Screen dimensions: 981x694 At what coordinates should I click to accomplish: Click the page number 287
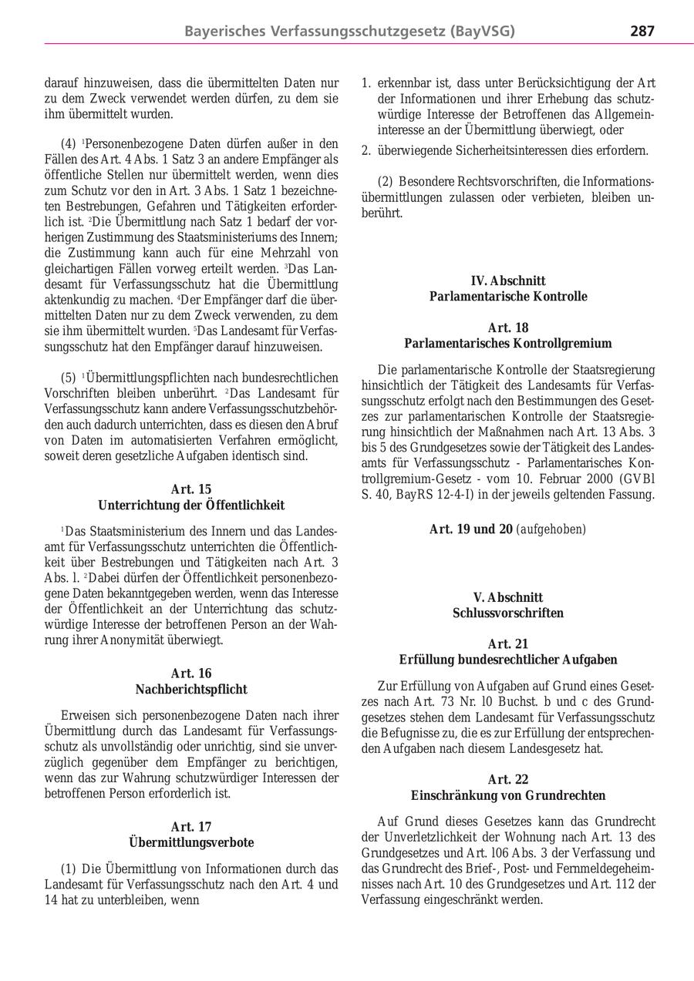(x=642, y=32)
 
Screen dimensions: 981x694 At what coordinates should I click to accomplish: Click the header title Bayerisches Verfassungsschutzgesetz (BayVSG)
(x=349, y=32)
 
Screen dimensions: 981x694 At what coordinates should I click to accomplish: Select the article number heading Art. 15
(x=191, y=489)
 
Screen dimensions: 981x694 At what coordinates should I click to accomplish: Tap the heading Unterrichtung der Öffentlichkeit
(x=191, y=506)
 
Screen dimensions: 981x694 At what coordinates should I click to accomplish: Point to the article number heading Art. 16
(x=191, y=674)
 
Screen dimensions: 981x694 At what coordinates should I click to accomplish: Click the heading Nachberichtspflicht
(x=191, y=690)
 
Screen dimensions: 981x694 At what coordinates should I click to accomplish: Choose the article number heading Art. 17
(x=191, y=827)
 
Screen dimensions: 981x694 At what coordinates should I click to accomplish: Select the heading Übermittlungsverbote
(x=191, y=843)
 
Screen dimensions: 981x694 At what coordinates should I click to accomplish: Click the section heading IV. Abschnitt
(x=507, y=281)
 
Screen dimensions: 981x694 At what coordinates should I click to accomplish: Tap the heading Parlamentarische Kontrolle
(x=507, y=297)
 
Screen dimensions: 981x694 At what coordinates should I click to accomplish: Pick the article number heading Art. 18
(x=507, y=328)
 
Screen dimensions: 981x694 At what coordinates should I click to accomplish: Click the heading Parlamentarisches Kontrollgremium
(x=507, y=344)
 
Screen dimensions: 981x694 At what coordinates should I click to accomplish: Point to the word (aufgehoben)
(x=551, y=529)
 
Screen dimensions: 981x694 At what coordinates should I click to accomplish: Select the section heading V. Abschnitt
(x=507, y=598)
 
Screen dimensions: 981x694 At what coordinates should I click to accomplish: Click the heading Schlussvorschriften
(x=507, y=613)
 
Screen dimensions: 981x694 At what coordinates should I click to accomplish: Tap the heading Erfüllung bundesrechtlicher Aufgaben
(x=507, y=660)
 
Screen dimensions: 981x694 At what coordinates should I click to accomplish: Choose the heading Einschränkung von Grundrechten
(x=507, y=796)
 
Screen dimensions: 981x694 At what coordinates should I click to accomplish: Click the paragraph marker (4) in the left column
(x=69, y=143)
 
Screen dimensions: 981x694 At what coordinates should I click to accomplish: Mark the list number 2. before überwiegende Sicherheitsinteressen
(x=366, y=151)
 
